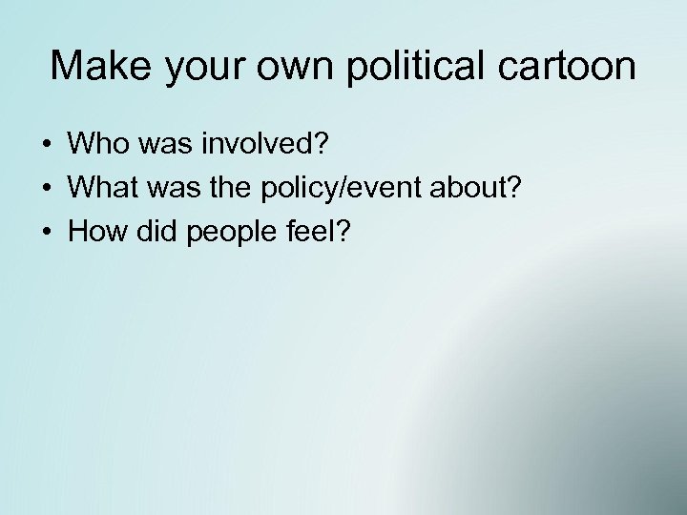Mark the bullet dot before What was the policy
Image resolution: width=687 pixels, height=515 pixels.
click(46, 189)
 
